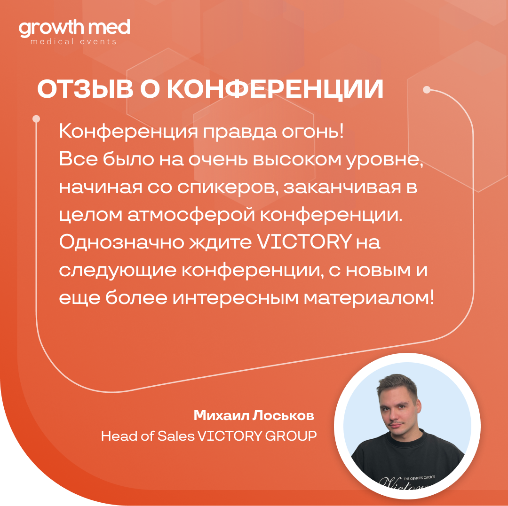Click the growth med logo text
[74, 29]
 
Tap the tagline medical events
[73, 41]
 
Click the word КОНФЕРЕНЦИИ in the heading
[275, 89]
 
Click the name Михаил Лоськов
[254, 415]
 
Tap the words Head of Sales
[148, 436]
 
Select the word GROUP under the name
[291, 436]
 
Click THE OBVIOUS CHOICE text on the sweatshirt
[419, 477]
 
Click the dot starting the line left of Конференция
[36, 119]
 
